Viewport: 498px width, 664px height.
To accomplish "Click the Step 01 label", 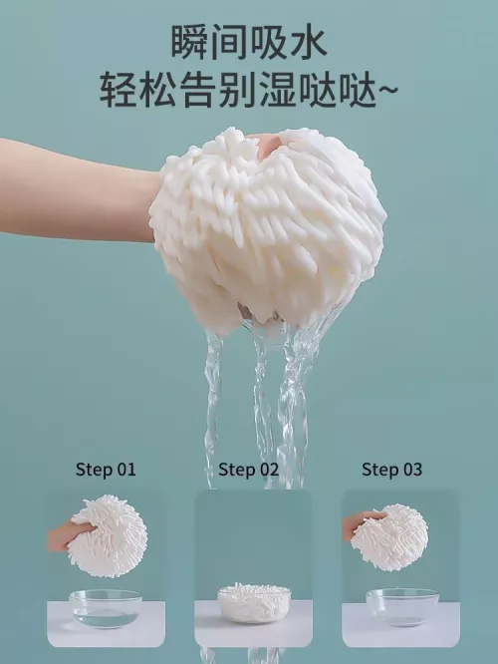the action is pyautogui.click(x=106, y=470).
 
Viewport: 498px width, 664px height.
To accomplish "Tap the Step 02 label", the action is pyautogui.click(x=249, y=470).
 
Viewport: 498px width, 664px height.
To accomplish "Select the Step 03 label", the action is pyautogui.click(x=391, y=470).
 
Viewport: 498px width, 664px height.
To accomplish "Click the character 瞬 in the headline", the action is pyautogui.click(x=189, y=42).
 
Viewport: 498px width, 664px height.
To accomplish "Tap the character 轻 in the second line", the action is pyautogui.click(x=119, y=90).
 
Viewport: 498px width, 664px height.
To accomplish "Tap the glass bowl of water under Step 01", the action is pyautogui.click(x=106, y=608).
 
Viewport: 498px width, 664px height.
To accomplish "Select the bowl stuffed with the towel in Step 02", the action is pyautogui.click(x=254, y=603).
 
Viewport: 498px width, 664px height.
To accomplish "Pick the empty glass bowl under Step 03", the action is pyautogui.click(x=402, y=607).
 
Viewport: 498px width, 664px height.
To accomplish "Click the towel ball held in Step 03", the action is pyautogui.click(x=389, y=537).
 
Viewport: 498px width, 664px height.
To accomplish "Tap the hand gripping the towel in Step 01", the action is pyautogui.click(x=68, y=535).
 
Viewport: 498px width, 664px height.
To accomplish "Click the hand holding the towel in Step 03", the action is pyautogui.click(x=361, y=523).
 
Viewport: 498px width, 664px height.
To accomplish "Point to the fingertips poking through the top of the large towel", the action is pyautogui.click(x=267, y=144).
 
